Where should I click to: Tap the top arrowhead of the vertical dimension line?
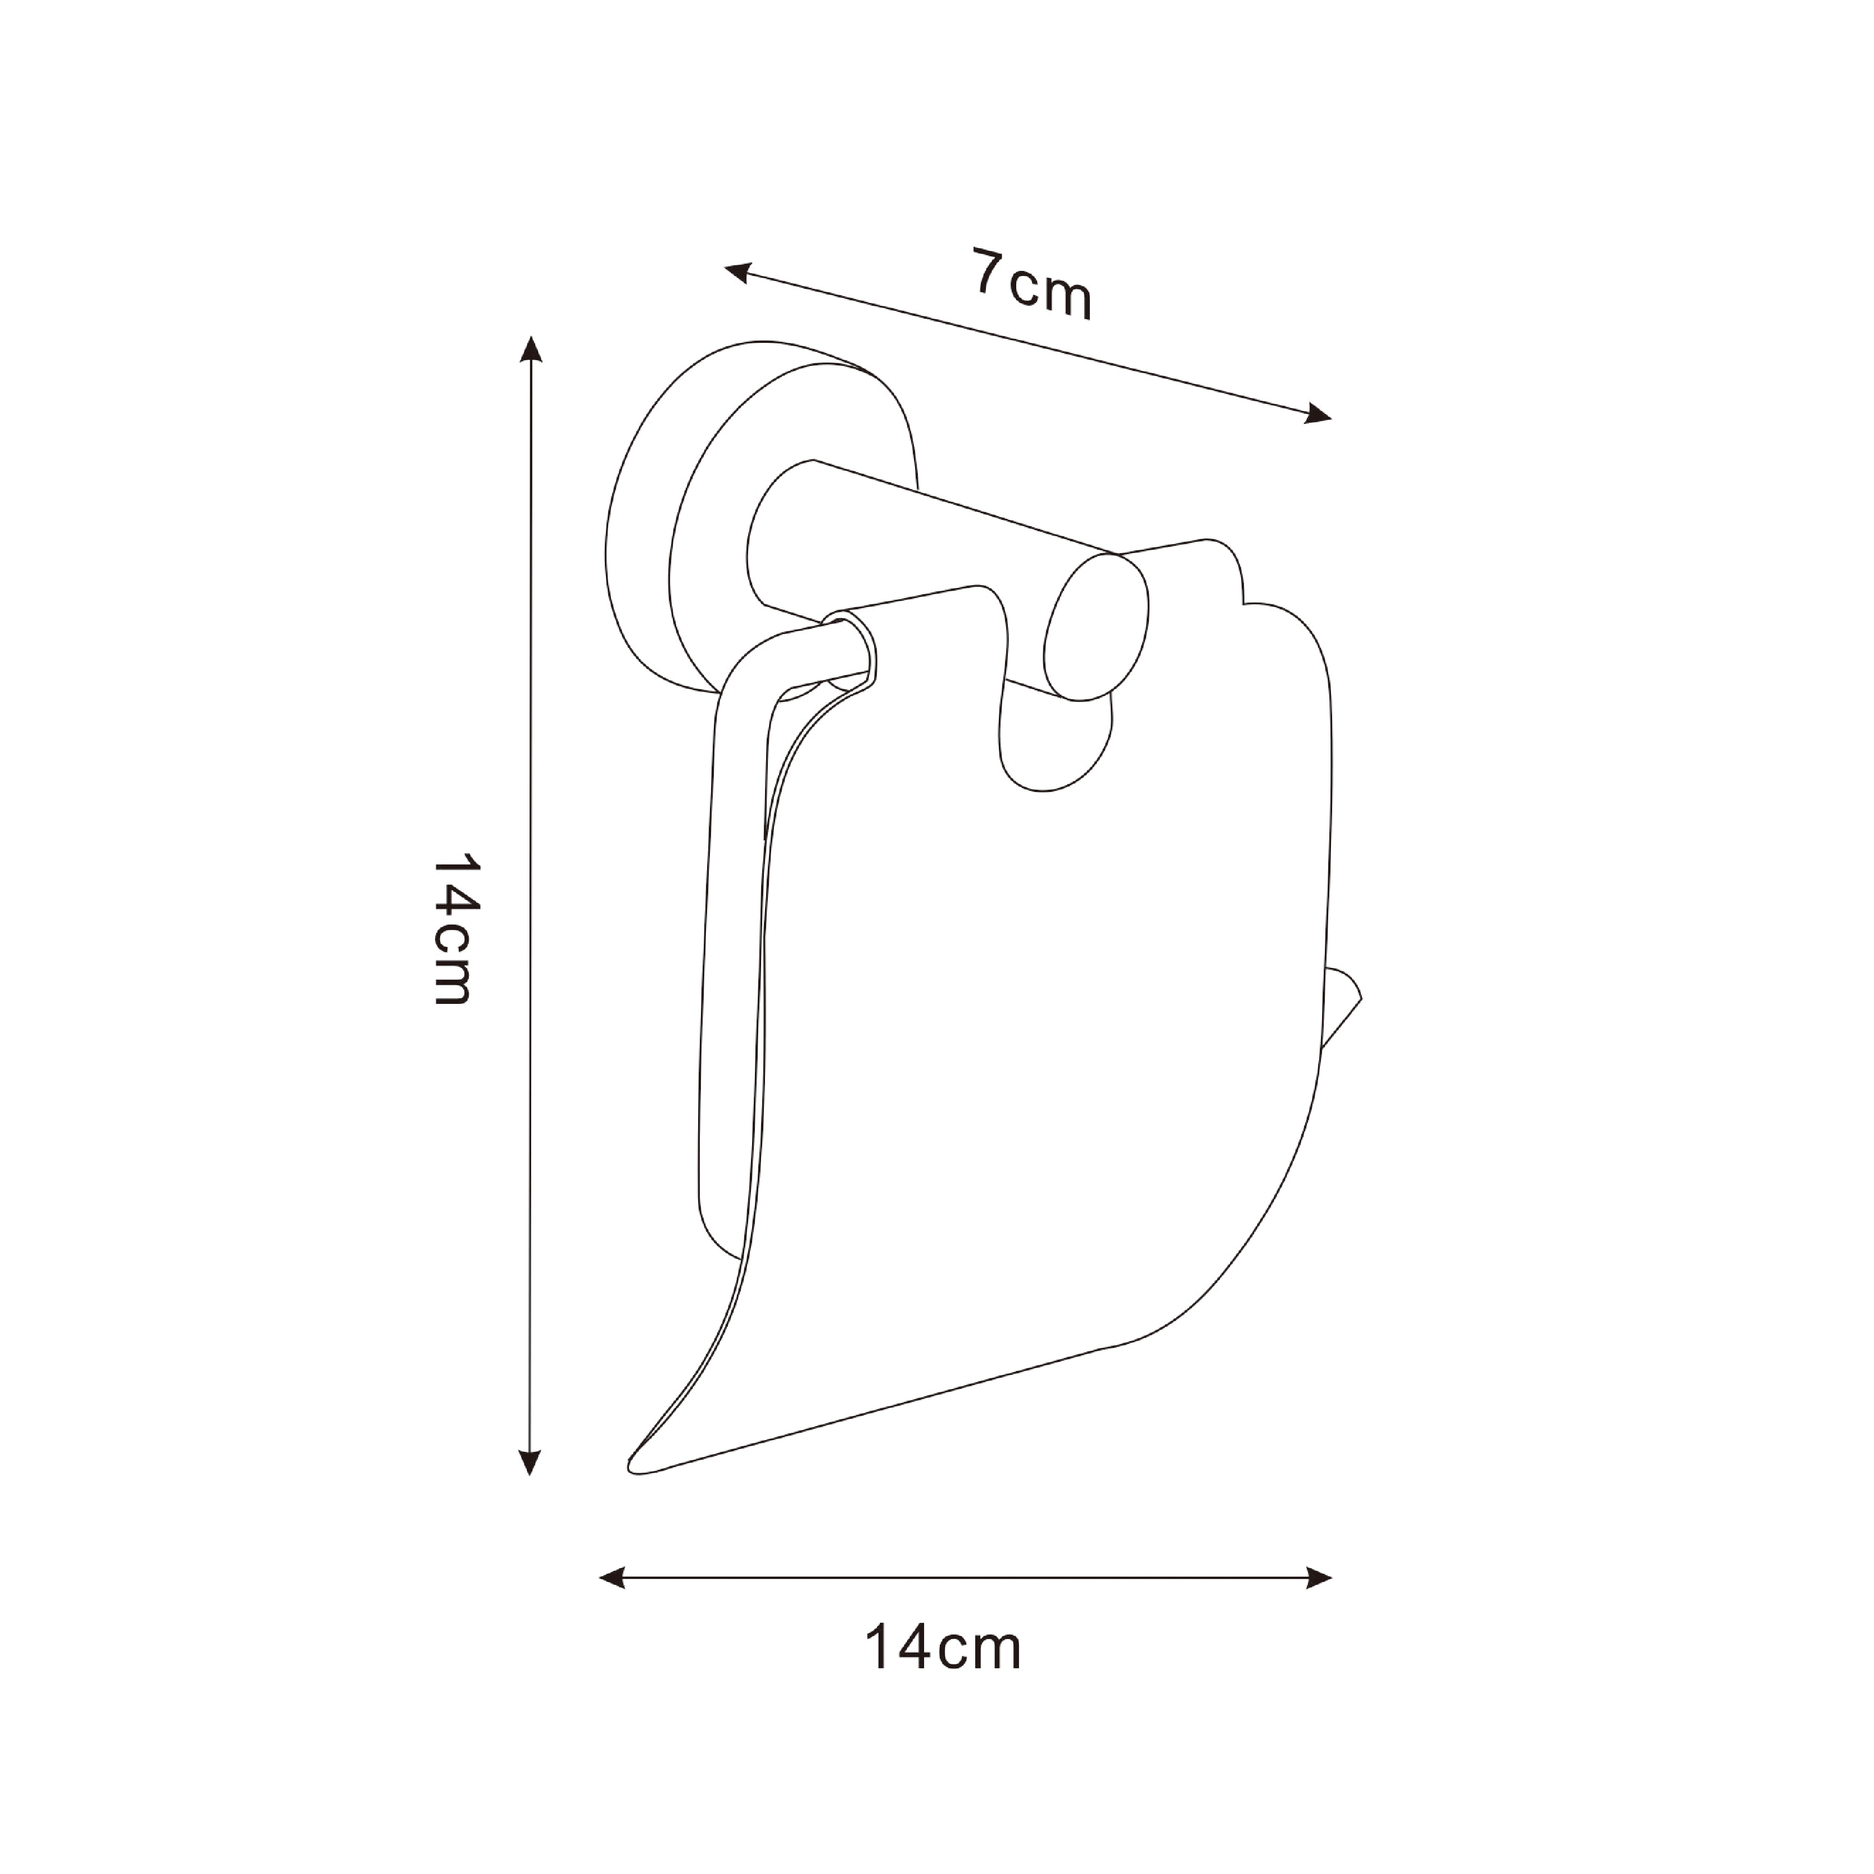pos(529,349)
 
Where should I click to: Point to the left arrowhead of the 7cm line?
pos(739,274)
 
